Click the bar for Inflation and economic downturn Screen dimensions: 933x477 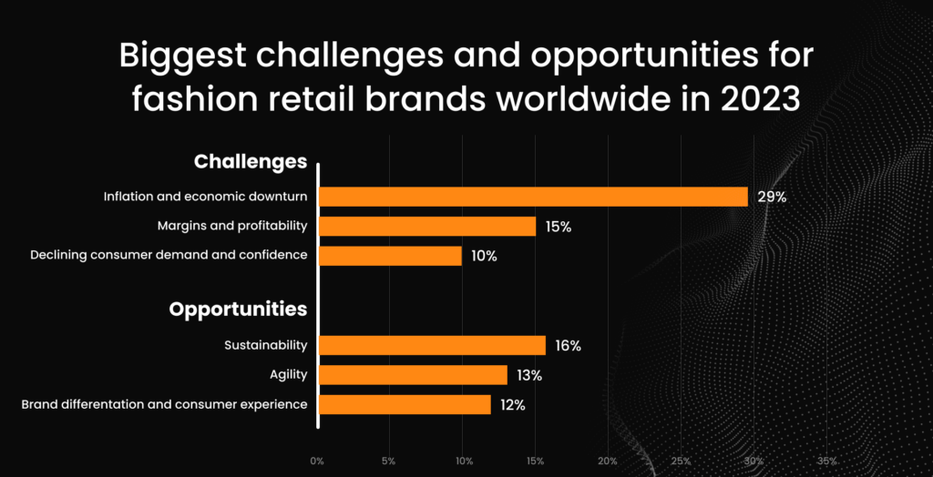pos(533,197)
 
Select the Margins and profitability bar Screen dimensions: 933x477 pos(427,226)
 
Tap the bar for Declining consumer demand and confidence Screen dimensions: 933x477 pos(390,256)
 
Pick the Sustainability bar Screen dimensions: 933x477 pos(432,345)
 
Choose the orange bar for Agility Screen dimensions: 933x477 pos(413,375)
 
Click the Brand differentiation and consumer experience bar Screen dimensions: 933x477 pos(405,404)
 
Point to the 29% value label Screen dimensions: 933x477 pos(772,198)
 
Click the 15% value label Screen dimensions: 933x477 pos(558,227)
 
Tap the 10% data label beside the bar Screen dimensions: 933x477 pos(484,257)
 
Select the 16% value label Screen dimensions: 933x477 pos(568,346)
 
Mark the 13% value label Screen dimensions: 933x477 pos(529,375)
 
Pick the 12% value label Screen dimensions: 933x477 pos(513,405)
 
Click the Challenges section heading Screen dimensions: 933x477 pos(251,162)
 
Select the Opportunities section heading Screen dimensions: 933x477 pos(238,310)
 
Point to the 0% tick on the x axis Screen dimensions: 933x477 pos(317,461)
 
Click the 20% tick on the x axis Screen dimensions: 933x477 pos(608,461)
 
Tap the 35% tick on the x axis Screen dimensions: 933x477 pos(827,461)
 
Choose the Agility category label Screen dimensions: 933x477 pos(289,375)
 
